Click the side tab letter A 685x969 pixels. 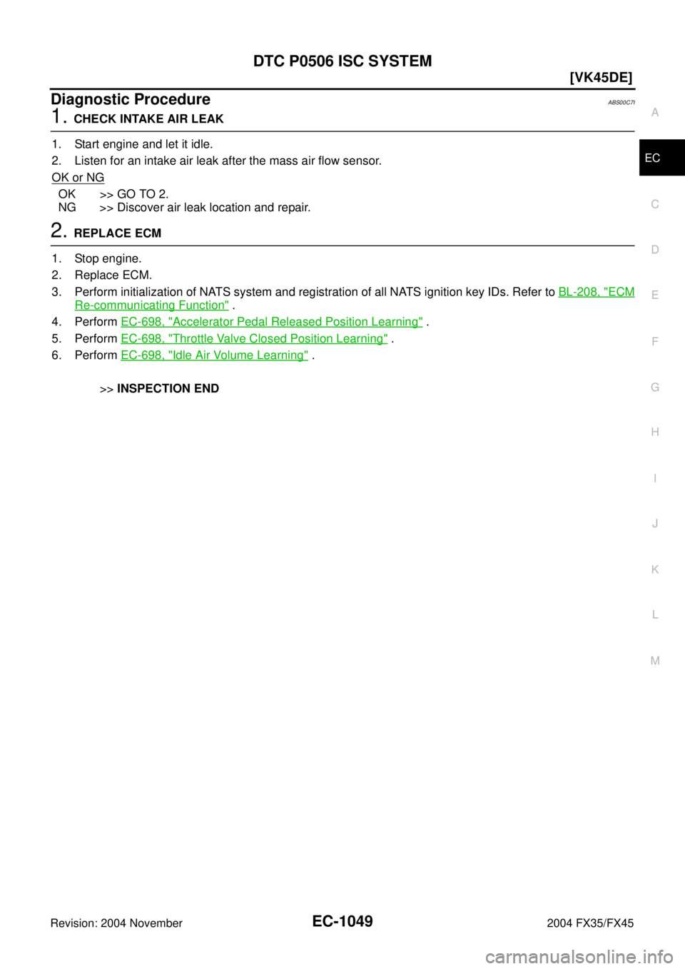coord(654,113)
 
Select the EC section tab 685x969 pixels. coord(652,158)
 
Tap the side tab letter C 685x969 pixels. coord(654,204)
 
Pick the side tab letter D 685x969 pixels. coord(654,250)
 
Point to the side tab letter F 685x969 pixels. coord(654,341)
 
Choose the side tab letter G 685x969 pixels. coord(654,387)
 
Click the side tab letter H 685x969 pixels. coord(654,432)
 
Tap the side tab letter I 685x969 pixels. coord(654,478)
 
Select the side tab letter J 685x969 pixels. coord(654,524)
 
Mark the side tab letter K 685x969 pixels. coord(654,569)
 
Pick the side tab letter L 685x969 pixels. coord(654,615)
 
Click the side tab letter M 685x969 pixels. coord(654,661)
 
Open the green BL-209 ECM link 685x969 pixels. coord(596,291)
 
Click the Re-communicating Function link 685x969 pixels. coord(151,305)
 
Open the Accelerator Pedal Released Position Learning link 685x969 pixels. coord(271,321)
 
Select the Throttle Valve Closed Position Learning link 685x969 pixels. coord(253,338)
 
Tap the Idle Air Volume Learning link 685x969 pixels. coord(214,355)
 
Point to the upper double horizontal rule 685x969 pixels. coord(342,131)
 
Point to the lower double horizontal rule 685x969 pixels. coord(342,245)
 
